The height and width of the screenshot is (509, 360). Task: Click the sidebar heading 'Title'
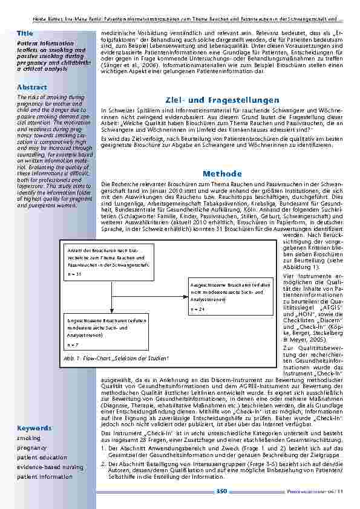(x=25, y=32)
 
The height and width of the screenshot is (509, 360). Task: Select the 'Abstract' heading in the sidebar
(x=32, y=87)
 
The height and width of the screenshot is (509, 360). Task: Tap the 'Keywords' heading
(x=34, y=428)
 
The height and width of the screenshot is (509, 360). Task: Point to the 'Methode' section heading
(x=223, y=173)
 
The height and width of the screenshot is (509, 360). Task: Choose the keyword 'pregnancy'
(x=31, y=448)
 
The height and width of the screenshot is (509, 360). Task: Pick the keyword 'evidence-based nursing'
(x=50, y=467)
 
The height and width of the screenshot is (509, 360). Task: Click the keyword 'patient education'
(x=40, y=458)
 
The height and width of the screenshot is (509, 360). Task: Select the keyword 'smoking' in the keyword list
(x=29, y=438)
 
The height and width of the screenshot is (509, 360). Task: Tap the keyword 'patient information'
(x=45, y=477)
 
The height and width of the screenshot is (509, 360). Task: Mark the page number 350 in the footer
(x=221, y=491)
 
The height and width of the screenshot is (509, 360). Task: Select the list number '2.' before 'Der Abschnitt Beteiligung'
(x=104, y=463)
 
